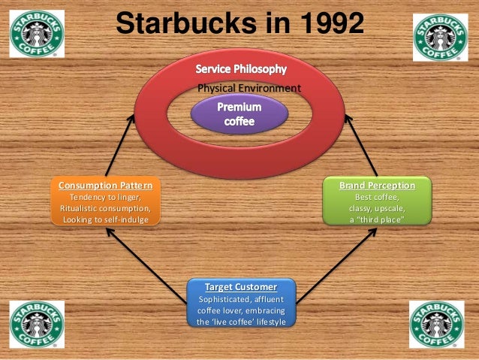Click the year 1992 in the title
pyautogui.click(x=323, y=24)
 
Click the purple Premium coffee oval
pyautogui.click(x=239, y=113)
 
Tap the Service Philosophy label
pyautogui.click(x=241, y=69)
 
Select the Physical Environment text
pyautogui.click(x=249, y=89)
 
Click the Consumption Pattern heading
pyautogui.click(x=104, y=184)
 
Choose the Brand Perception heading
pyautogui.click(x=377, y=184)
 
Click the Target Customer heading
pyautogui.click(x=240, y=287)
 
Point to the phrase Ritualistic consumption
pyautogui.click(x=104, y=207)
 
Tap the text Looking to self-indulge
pyautogui.click(x=104, y=219)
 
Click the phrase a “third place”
pyautogui.click(x=377, y=219)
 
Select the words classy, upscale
pyautogui.click(x=377, y=207)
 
